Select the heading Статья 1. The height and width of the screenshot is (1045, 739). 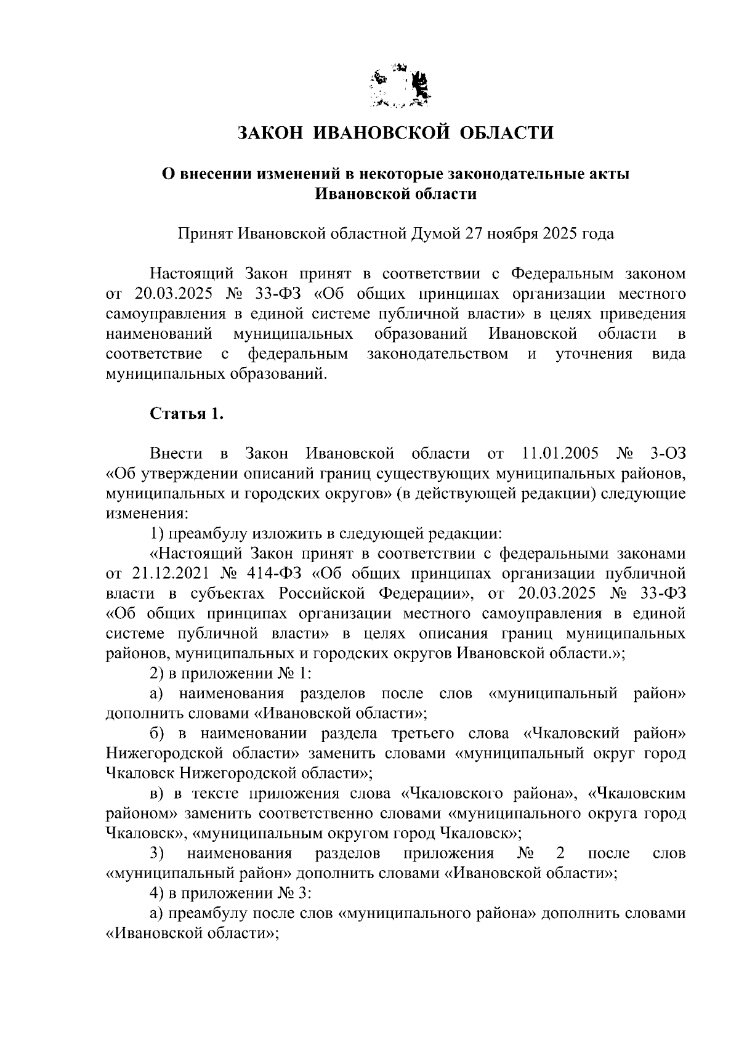pos(187,413)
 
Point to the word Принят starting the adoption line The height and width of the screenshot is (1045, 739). pos(206,234)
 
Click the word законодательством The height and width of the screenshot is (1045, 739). pos(438,354)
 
